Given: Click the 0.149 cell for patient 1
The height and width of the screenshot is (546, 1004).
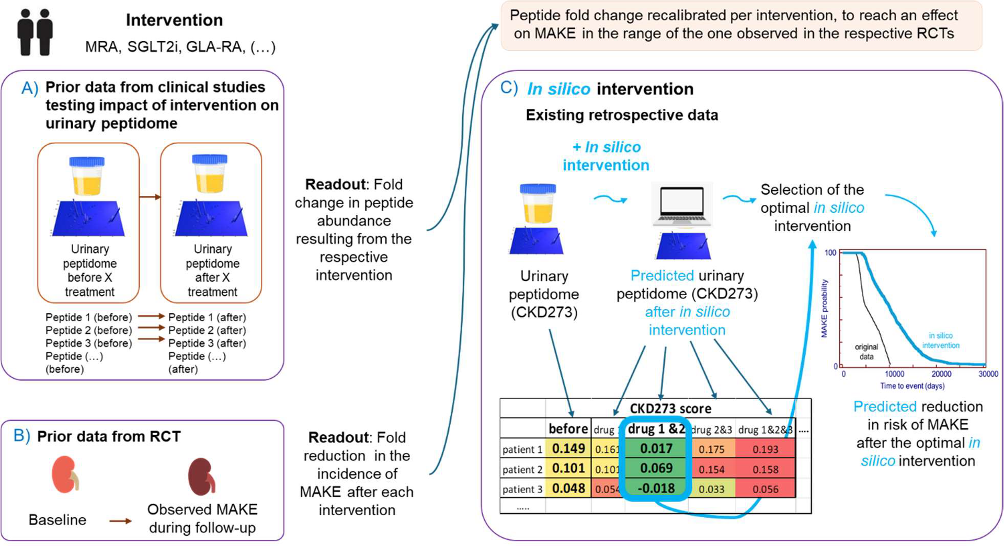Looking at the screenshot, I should [x=568, y=448].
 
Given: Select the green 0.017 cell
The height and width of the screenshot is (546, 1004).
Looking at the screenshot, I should [x=656, y=448].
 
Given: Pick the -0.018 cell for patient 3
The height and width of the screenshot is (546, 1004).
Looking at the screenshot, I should [x=656, y=489].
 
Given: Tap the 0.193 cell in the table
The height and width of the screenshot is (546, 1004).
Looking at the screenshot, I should [x=766, y=449].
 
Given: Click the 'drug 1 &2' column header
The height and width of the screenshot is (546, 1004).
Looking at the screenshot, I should [x=656, y=429].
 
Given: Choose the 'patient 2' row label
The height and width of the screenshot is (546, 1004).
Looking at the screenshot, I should [x=522, y=469].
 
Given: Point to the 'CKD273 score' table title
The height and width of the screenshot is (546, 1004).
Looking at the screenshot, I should [x=670, y=408].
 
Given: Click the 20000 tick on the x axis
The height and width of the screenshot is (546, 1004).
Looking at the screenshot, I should [x=941, y=374].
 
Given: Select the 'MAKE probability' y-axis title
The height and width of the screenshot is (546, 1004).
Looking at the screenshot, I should [x=824, y=308].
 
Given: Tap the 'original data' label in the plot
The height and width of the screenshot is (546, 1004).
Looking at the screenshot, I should [x=866, y=352].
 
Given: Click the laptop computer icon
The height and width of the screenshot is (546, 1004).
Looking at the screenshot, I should [x=682, y=205].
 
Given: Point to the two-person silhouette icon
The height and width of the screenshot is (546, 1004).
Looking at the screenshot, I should [x=35, y=32].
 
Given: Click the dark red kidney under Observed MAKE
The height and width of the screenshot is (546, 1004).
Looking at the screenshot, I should [x=201, y=476].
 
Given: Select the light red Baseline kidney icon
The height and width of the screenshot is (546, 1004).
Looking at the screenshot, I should [x=65, y=473].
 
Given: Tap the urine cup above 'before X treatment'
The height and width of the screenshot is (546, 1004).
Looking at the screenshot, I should [x=87, y=176].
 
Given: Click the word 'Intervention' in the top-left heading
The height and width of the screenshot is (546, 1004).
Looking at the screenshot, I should [x=174, y=20].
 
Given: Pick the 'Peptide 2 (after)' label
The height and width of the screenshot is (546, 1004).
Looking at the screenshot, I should [x=207, y=330].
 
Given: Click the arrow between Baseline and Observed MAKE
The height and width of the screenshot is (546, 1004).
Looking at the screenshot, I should [x=120, y=520].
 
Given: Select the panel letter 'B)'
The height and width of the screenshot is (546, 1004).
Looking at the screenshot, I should [x=22, y=436].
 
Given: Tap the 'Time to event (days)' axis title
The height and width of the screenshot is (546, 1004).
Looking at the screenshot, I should [x=912, y=386].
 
